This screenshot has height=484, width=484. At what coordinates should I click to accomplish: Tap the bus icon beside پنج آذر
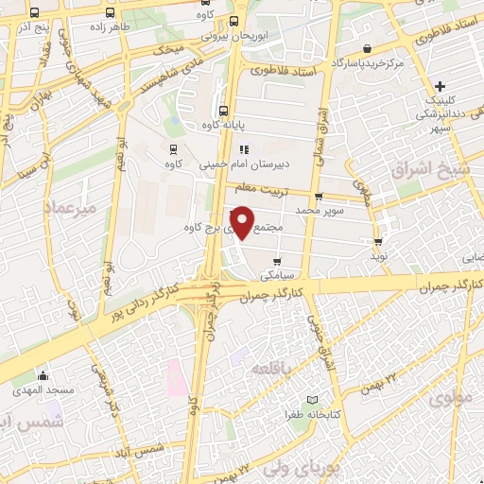(35, 13)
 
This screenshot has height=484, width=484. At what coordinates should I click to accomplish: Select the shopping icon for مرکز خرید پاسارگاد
(366, 48)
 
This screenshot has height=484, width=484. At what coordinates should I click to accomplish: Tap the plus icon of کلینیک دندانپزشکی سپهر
(441, 86)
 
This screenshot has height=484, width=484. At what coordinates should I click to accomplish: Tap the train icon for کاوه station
(173, 147)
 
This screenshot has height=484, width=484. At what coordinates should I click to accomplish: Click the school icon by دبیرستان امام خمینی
(243, 148)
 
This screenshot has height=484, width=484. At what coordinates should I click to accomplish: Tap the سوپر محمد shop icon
(318, 198)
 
